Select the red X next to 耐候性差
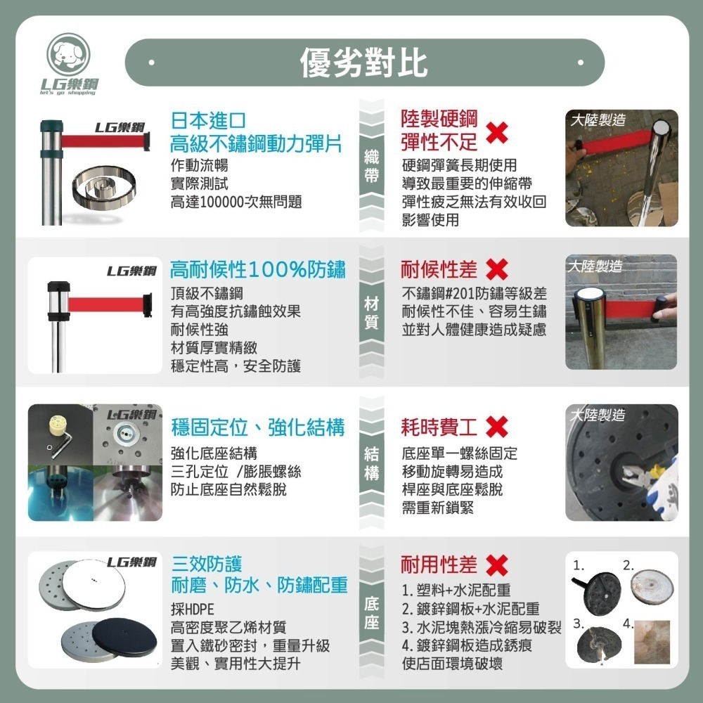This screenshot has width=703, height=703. click(x=497, y=270)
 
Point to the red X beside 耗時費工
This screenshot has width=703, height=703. click(x=497, y=427)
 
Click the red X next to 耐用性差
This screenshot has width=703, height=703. click(x=497, y=565)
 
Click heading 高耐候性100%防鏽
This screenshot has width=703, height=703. click(x=257, y=269)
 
